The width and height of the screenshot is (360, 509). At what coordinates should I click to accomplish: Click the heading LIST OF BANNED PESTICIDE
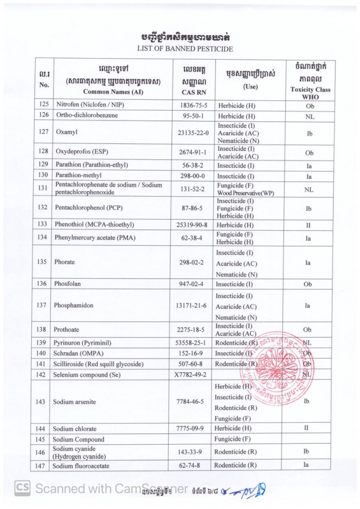(x=185, y=49)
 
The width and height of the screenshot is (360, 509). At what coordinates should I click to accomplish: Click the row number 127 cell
(x=43, y=132)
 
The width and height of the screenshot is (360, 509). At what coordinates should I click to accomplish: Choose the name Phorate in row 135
(x=64, y=262)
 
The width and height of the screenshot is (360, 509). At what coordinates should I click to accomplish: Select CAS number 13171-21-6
(x=192, y=305)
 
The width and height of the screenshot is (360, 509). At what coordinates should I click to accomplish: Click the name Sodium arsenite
(x=74, y=402)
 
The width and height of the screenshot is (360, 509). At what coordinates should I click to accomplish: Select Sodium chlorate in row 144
(x=75, y=428)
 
